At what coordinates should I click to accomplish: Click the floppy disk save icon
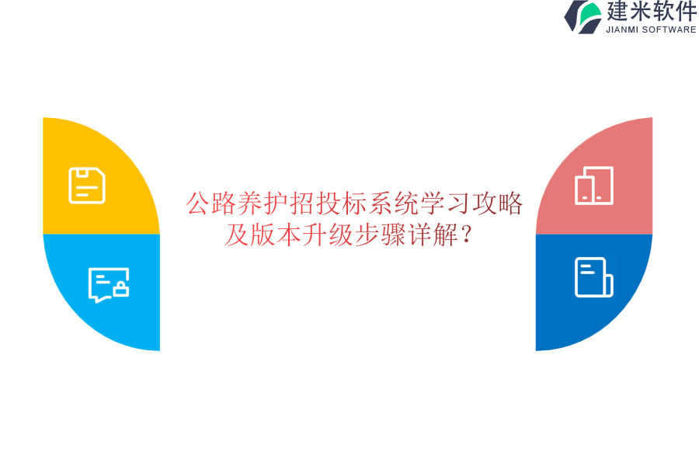tap(87, 186)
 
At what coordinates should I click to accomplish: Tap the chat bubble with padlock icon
tap(108, 284)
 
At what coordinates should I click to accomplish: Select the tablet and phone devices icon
tap(594, 186)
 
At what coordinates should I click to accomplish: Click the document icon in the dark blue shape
tap(593, 277)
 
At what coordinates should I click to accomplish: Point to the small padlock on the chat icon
tap(120, 290)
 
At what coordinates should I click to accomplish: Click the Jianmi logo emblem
tap(582, 16)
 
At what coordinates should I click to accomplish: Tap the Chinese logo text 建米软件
tap(652, 12)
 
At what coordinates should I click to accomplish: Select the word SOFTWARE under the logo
tap(669, 30)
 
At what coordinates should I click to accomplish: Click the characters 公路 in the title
tap(211, 203)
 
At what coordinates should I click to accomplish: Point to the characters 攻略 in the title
tap(497, 203)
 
